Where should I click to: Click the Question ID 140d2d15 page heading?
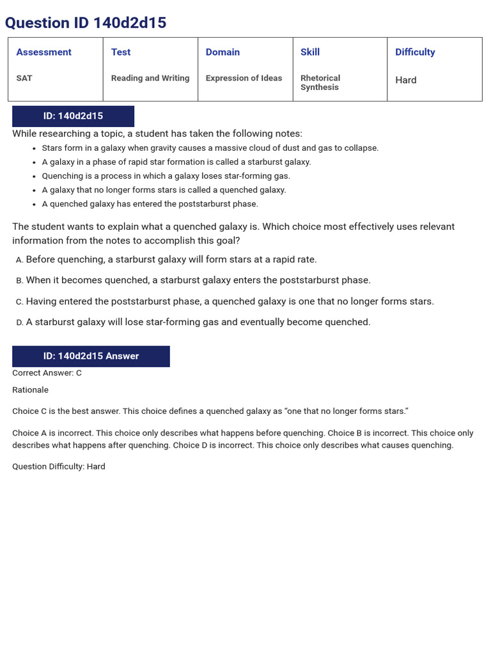[86, 23]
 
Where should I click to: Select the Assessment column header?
[43, 52]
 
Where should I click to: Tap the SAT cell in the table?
[24, 78]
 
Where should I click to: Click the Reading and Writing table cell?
[150, 78]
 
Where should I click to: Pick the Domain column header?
[222, 52]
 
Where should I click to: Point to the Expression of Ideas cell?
[244, 78]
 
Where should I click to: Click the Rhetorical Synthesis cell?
[320, 82]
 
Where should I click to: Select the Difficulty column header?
[415, 52]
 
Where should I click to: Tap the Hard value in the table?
[406, 80]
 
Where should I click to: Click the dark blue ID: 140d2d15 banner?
[73, 116]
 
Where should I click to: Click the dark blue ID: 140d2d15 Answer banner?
[91, 356]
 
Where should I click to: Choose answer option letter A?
[19, 260]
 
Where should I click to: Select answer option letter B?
[19, 281]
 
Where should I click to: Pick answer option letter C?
[19, 302]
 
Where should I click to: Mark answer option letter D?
[19, 323]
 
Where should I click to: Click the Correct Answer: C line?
[47, 373]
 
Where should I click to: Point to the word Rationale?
[30, 390]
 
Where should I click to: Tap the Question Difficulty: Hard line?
[59, 467]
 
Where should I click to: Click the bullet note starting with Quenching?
[166, 176]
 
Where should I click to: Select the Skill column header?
[310, 52]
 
